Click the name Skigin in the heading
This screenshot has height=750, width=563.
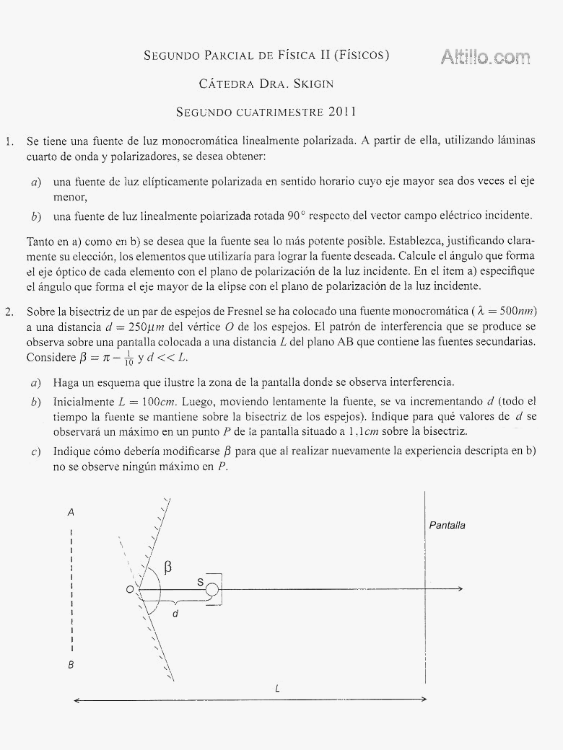pyautogui.click(x=313, y=84)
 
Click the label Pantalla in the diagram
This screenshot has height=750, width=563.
pyautogui.click(x=448, y=525)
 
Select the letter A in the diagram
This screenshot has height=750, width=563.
pyautogui.click(x=71, y=512)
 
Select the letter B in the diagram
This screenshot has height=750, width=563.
pyautogui.click(x=71, y=665)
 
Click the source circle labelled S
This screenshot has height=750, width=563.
pyautogui.click(x=211, y=590)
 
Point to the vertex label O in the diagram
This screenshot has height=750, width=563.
pyautogui.click(x=129, y=590)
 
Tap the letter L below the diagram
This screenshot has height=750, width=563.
pyautogui.click(x=278, y=689)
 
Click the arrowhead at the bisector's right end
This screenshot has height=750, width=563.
pyautogui.click(x=458, y=590)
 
